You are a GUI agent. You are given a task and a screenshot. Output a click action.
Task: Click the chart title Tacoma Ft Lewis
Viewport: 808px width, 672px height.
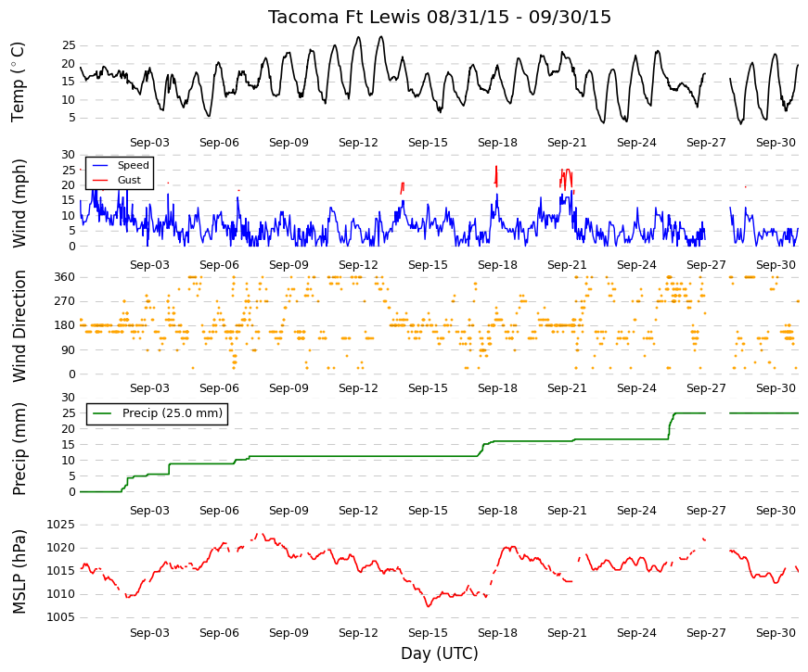pyautogui.click(x=344, y=17)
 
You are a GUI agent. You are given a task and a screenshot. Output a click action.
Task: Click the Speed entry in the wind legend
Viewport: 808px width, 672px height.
pyautogui.click(x=133, y=165)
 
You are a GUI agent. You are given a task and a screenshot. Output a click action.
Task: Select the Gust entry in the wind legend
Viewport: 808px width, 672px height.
pyautogui.click(x=129, y=180)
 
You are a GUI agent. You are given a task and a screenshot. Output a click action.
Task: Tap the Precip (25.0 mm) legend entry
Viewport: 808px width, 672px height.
pyautogui.click(x=173, y=413)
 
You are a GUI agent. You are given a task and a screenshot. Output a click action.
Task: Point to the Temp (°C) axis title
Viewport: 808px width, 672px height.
pyautogui.click(x=18, y=82)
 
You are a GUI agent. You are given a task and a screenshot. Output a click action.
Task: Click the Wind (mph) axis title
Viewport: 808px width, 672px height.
pyautogui.click(x=19, y=203)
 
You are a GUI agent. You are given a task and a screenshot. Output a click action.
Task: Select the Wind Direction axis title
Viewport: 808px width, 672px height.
pyautogui.click(x=19, y=326)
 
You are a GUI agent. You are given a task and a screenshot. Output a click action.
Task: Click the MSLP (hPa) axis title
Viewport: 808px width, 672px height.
pyautogui.click(x=19, y=572)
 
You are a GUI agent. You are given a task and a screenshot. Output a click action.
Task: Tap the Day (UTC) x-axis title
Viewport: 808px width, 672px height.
pyautogui.click(x=440, y=653)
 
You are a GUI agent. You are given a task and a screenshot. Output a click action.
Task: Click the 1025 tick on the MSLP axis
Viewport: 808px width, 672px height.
pyautogui.click(x=61, y=525)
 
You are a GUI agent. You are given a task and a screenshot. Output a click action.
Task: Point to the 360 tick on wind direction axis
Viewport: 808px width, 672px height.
pyautogui.click(x=65, y=277)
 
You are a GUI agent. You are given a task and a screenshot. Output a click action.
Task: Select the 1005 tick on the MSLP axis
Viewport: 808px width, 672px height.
pyautogui.click(x=61, y=617)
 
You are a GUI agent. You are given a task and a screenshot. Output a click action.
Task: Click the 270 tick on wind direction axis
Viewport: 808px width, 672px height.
pyautogui.click(x=65, y=301)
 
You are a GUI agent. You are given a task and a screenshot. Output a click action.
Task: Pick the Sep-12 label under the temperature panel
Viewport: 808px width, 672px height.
pyautogui.click(x=358, y=143)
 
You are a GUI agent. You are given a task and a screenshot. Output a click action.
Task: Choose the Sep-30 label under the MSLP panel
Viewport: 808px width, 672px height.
pyautogui.click(x=776, y=633)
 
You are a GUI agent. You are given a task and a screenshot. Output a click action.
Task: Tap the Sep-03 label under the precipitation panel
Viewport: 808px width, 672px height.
pyautogui.click(x=149, y=511)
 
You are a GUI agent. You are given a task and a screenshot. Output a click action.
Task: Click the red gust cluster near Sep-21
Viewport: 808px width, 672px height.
pyautogui.click(x=566, y=180)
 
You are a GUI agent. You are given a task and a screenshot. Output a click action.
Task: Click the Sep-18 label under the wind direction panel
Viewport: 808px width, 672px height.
pyautogui.click(x=497, y=388)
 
